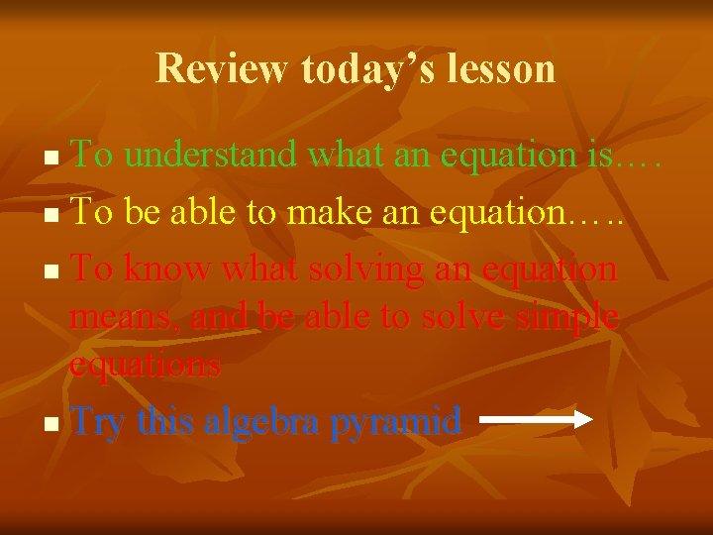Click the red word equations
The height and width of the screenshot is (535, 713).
pos(146,365)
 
